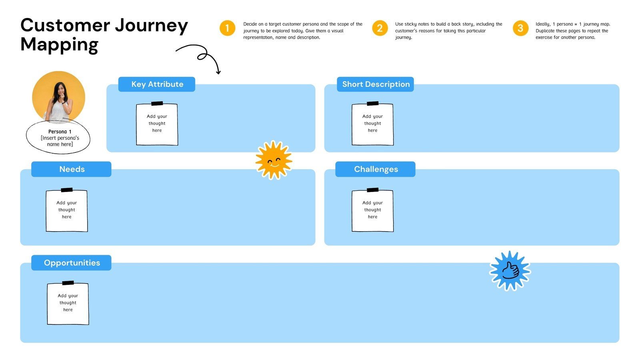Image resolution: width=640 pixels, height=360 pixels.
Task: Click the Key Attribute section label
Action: point(157,84)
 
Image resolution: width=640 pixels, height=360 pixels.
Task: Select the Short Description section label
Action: point(376,84)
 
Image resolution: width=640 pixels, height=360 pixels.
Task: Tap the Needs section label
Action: point(72,169)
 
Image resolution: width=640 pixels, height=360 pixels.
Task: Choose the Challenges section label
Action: point(376,169)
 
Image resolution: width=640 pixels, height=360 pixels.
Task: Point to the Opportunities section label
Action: point(72,263)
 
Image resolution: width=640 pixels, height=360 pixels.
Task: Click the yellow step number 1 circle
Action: point(227,28)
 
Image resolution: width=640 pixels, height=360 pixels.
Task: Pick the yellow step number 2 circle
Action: point(380,28)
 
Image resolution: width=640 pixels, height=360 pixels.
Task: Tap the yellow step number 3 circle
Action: point(520,28)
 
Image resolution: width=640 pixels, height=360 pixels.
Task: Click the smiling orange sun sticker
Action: point(274,160)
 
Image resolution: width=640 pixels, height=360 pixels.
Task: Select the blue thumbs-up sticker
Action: point(510,271)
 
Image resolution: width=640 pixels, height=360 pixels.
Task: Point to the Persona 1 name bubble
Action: point(58,138)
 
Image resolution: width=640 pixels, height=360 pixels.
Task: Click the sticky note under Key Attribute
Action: point(157,124)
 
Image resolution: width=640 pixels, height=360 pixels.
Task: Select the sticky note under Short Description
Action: point(372,124)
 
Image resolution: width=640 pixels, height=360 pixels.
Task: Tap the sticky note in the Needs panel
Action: point(67,211)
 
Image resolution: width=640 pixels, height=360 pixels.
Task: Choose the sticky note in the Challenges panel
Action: point(372,211)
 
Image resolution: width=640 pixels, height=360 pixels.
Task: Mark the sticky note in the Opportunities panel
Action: point(68,304)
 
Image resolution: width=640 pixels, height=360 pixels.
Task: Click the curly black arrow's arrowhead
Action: point(218,72)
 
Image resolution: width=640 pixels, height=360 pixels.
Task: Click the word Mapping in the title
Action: point(59,44)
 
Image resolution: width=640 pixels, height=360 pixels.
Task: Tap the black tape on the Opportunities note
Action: point(68,283)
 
